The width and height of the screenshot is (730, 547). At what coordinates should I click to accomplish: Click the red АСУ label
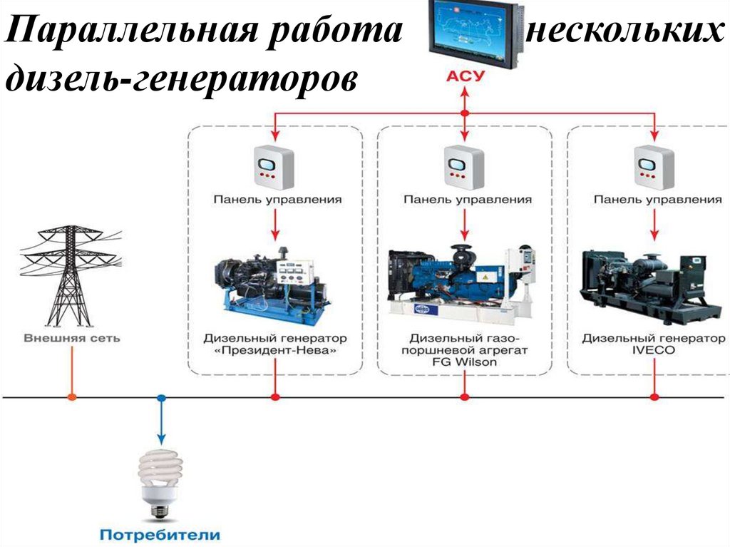pyautogui.click(x=464, y=76)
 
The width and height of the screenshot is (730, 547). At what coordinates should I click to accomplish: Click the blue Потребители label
pyautogui.click(x=160, y=534)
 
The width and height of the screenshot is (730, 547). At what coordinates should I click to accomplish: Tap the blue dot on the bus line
pyautogui.click(x=161, y=397)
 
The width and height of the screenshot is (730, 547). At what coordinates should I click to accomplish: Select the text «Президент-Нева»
pyautogui.click(x=275, y=351)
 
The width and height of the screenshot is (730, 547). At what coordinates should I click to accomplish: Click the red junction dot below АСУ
pyautogui.click(x=465, y=113)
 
